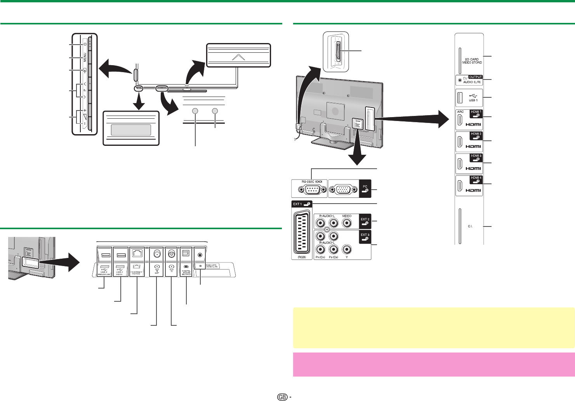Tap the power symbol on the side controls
click(85, 43)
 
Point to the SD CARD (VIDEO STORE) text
click(472, 60)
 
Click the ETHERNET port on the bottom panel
click(137, 254)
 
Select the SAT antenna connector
click(157, 254)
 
